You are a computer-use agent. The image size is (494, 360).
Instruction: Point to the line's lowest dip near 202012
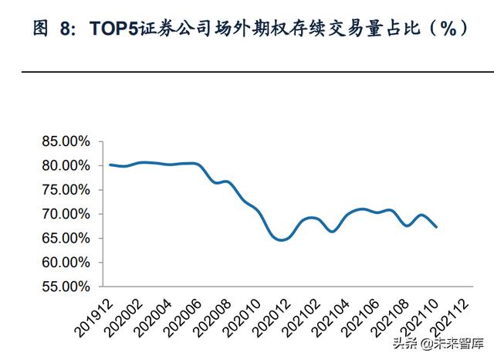[281, 239]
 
